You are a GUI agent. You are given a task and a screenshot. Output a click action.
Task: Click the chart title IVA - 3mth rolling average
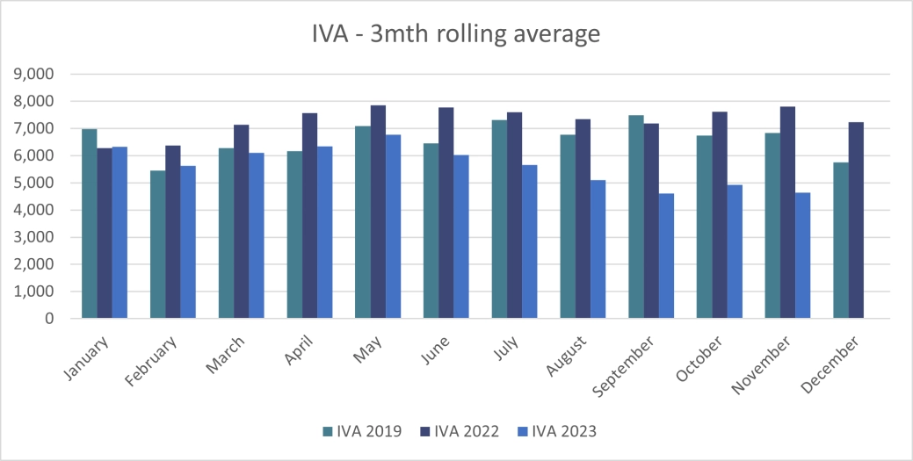pos(456,34)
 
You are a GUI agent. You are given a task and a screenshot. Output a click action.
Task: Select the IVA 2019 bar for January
pos(89,224)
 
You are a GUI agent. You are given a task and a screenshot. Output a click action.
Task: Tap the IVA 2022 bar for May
pos(378,212)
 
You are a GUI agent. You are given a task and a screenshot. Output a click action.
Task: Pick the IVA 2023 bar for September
pos(666,256)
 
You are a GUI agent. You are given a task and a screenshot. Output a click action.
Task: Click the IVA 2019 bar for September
pos(636,217)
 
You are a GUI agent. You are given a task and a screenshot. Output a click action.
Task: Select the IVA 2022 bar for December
pos(856,220)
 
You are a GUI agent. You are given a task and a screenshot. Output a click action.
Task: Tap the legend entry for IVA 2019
pos(362,431)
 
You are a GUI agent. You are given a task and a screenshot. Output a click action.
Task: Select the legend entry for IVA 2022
pos(459,431)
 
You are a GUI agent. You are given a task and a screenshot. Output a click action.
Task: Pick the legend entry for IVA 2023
pos(557,431)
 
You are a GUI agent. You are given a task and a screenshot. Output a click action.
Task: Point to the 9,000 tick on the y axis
pos(34,75)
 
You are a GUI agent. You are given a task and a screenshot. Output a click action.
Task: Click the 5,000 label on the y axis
pos(34,184)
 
